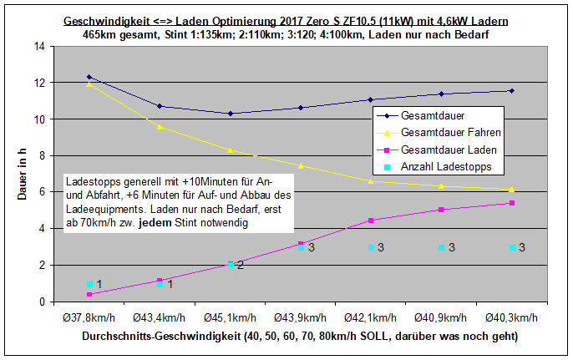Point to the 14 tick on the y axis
[39, 46]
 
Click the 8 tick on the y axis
[42, 155]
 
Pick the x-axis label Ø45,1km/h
[230, 318]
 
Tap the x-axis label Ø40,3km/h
[511, 318]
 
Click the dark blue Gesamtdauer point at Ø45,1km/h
[230, 114]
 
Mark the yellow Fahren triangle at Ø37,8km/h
[89, 84]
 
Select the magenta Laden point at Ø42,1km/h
[371, 221]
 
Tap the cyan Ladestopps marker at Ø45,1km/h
[230, 265]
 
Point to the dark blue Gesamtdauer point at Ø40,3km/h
[511, 90]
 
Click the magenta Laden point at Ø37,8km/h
[89, 294]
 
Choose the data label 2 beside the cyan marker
[240, 265]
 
